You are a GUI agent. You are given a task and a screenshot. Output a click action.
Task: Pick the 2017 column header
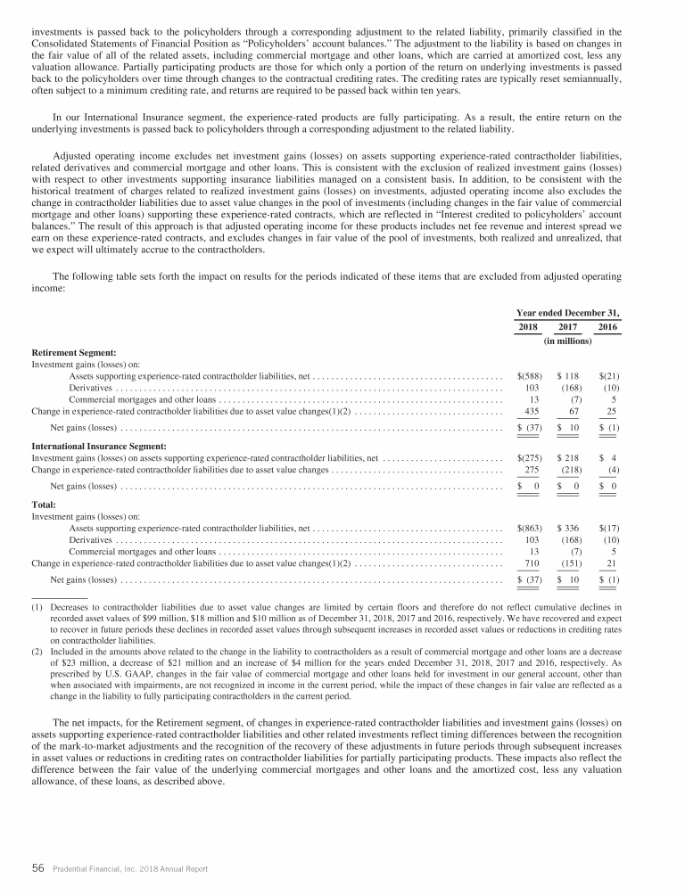(x=568, y=327)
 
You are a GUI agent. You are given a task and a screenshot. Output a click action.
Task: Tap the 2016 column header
(x=607, y=327)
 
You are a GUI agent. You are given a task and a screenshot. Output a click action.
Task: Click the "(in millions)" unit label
(x=567, y=341)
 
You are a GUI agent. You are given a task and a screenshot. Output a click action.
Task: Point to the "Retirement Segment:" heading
(x=74, y=353)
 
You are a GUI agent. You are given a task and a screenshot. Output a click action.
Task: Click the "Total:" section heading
(x=45, y=505)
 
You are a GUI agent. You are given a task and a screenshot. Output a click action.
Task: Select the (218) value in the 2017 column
(x=570, y=469)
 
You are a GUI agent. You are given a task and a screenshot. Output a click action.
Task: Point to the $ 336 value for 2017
(x=568, y=528)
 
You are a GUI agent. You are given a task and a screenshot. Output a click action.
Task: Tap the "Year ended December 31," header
(x=567, y=312)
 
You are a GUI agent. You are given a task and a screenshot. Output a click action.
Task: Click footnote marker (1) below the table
(x=38, y=607)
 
